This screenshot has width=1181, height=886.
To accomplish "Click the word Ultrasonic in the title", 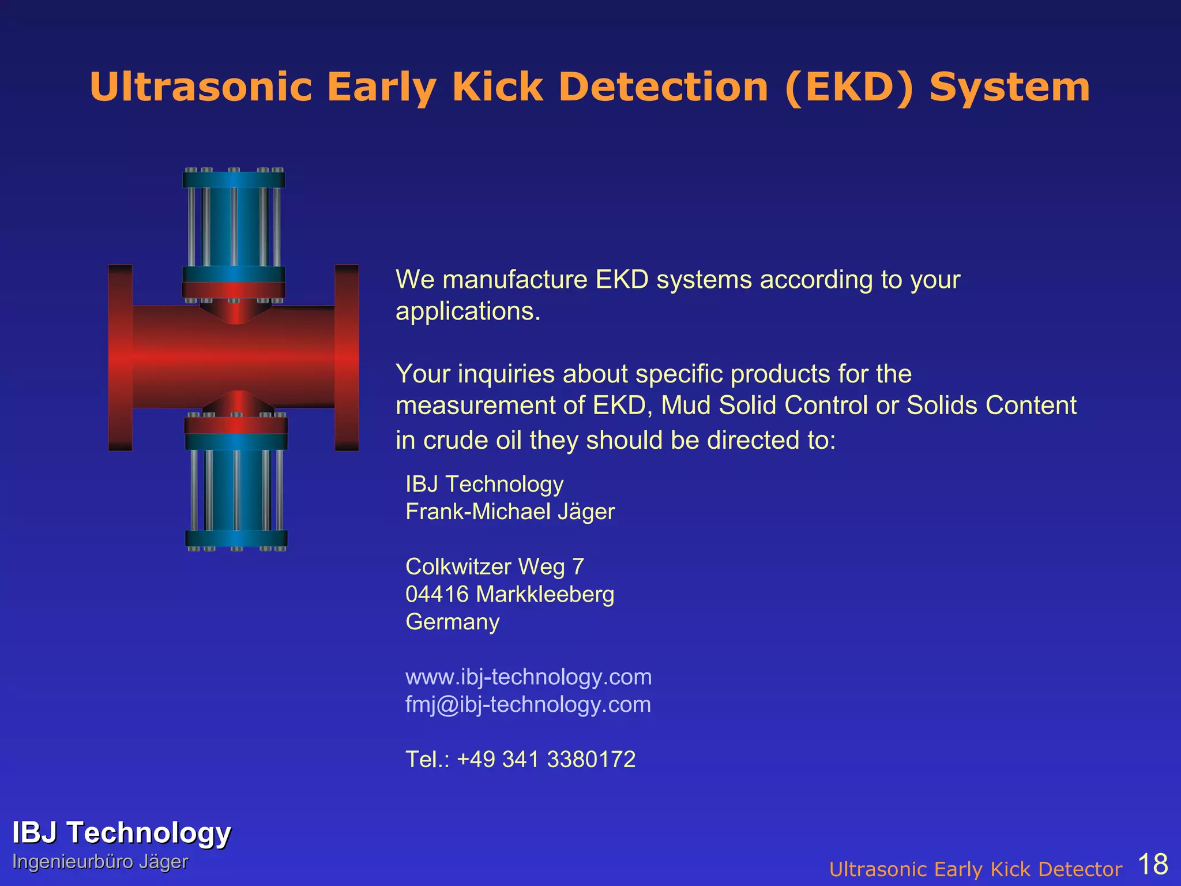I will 201,88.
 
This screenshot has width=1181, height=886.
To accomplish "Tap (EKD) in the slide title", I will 849,88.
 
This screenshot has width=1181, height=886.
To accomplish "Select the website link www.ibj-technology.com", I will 528,677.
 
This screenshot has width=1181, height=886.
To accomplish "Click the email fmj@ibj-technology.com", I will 528,705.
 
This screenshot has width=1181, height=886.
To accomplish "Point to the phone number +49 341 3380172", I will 546,760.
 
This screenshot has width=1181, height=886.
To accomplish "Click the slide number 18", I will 1153,864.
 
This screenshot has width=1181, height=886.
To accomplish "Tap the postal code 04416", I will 437,595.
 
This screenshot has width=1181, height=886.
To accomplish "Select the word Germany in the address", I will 452,622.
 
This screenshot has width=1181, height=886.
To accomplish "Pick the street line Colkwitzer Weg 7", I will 494,567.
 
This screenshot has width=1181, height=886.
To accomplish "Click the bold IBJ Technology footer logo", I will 121,833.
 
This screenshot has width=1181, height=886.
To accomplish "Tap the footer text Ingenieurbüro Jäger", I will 100,862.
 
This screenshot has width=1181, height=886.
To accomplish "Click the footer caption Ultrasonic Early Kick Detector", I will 975,869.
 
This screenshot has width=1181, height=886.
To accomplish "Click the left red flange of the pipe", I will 120,358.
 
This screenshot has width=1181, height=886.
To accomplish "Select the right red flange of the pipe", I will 347,358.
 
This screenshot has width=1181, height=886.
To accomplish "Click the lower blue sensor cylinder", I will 236,490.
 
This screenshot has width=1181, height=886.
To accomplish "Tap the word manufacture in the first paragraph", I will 514,280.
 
